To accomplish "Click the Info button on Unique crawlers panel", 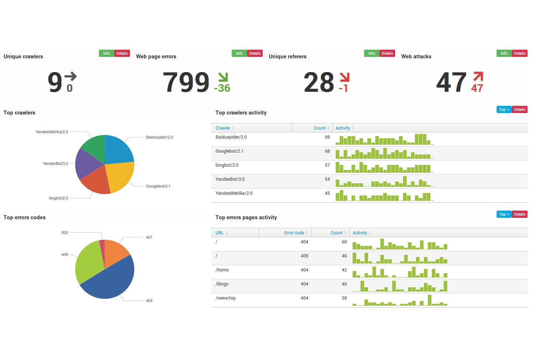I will [107, 53].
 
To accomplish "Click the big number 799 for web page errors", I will [186, 82].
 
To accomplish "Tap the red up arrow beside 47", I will [478, 77].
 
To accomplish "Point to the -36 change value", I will [222, 88].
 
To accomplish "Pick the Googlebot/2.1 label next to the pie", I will [158, 186].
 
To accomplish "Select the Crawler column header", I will [223, 128].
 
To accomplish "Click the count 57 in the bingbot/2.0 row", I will [327, 165].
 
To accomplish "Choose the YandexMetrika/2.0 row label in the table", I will [234, 193].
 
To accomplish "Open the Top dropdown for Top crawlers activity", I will [504, 109].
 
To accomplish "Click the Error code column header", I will [294, 233].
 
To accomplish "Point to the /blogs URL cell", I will [222, 284].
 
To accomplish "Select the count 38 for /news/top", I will [344, 298].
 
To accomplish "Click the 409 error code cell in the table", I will [304, 256].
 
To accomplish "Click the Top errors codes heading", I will [24, 217].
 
